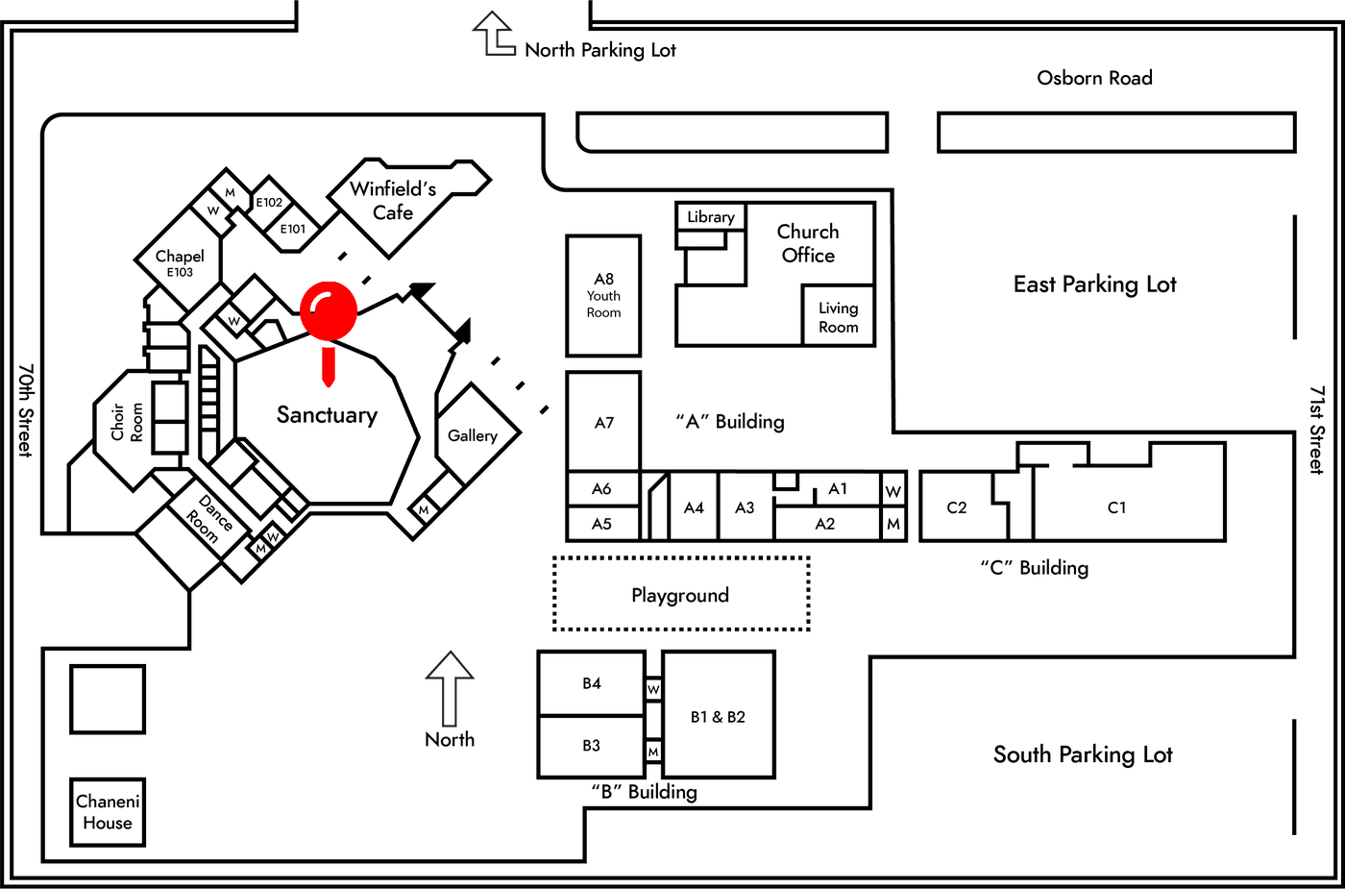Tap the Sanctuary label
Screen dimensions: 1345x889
pyautogui.click(x=327, y=415)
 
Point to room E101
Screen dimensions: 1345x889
pyautogui.click(x=292, y=229)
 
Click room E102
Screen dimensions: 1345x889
pyautogui.click(x=268, y=203)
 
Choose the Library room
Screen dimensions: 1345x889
pyautogui.click(x=711, y=217)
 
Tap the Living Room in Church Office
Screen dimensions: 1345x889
pyautogui.click(x=838, y=316)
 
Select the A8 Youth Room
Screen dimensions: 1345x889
pyautogui.click(x=603, y=296)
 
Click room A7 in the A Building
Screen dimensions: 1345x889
pyautogui.click(x=603, y=422)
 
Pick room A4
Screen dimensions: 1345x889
pyautogui.click(x=694, y=507)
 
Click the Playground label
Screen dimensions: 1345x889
pyautogui.click(x=680, y=595)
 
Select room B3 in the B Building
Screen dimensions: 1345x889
pyautogui.click(x=592, y=746)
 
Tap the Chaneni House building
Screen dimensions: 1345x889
pyautogui.click(x=108, y=812)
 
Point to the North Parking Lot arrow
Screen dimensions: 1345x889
pyautogui.click(x=494, y=34)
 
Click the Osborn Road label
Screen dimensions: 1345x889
pyautogui.click(x=1094, y=78)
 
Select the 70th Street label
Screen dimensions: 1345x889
pyautogui.click(x=25, y=410)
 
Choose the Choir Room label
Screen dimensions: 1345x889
pyautogui.click(x=127, y=422)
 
